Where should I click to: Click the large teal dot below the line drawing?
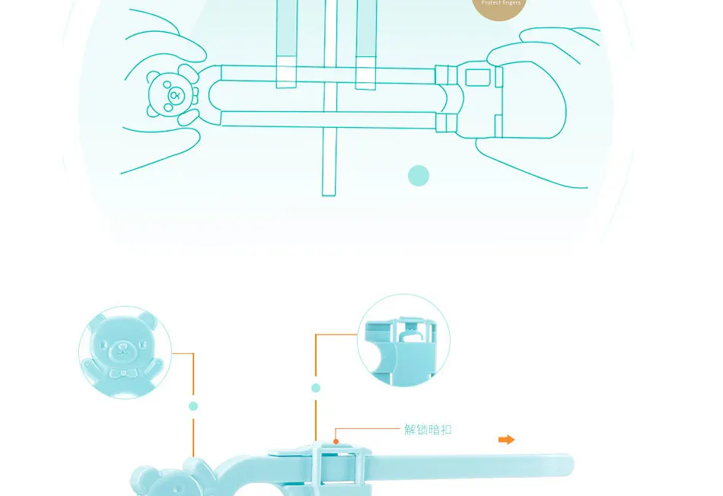(419, 176)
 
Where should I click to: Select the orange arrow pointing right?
(506, 440)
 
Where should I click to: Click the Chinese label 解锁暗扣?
(428, 430)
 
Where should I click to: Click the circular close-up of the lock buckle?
(403, 340)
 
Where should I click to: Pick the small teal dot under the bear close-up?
(193, 406)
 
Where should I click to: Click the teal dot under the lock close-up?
(316, 388)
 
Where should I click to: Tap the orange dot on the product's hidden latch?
(335, 440)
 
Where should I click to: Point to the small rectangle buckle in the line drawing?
(477, 77)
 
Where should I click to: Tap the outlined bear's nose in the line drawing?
(175, 96)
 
